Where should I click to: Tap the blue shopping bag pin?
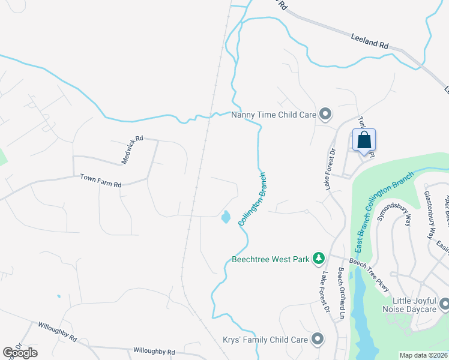364,141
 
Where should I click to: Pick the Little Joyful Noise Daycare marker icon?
444,305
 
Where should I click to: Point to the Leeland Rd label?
370,41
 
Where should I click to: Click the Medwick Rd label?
132,149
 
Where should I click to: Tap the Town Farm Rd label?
101,181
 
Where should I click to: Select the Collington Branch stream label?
252,199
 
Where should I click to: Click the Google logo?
20,353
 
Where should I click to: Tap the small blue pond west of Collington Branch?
225,217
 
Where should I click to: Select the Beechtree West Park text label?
271,260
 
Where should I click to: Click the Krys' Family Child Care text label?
265,340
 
